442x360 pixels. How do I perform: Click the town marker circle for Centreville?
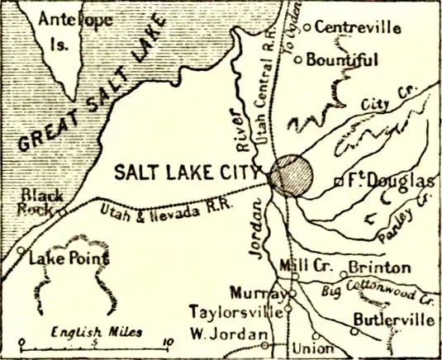pos(307,27)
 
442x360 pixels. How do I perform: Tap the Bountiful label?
pos(343,59)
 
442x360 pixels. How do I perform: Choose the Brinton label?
pos(378,268)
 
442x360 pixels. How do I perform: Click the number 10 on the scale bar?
pos(169,341)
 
